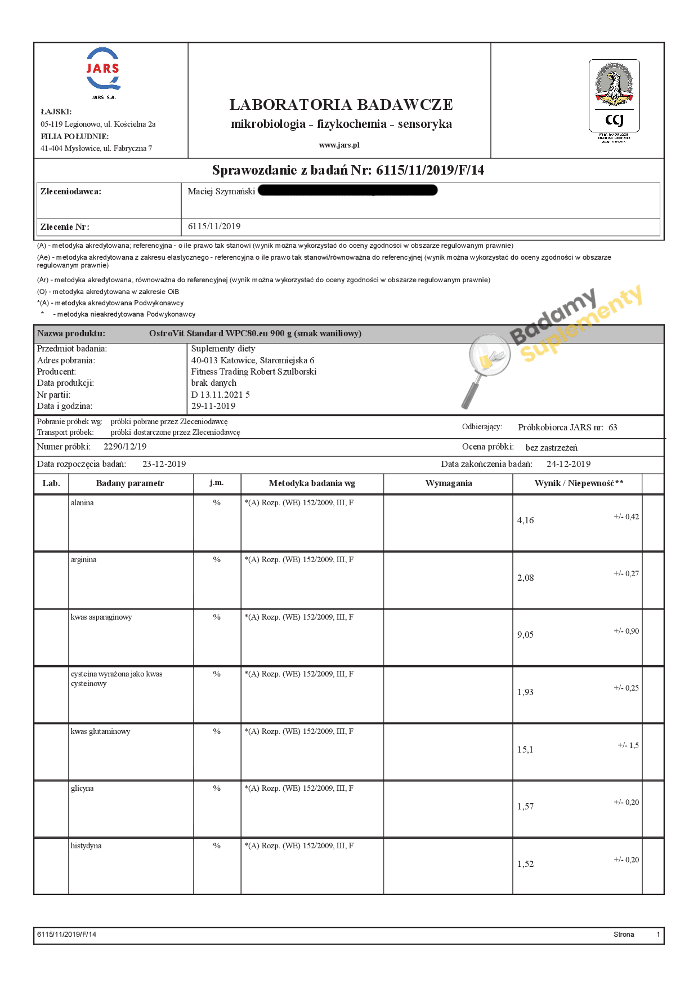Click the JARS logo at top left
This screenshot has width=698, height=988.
(103, 70)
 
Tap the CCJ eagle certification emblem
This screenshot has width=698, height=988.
(614, 95)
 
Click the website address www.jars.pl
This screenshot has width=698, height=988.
(339, 145)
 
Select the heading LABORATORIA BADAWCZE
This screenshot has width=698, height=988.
(341, 105)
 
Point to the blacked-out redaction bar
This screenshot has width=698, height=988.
(347, 190)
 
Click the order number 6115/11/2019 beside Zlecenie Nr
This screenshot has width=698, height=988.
(214, 226)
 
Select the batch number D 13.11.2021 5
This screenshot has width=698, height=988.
(220, 394)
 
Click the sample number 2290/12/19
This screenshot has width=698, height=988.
(125, 447)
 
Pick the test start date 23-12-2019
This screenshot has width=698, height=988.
(164, 464)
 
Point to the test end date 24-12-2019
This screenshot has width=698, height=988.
(568, 464)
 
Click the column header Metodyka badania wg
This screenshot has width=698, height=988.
(312, 483)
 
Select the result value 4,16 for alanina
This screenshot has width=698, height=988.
(525, 520)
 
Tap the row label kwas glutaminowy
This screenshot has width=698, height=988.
(100, 731)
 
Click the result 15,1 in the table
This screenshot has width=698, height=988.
(525, 750)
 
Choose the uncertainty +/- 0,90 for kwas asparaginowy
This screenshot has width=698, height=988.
(626, 631)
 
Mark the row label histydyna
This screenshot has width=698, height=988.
(86, 845)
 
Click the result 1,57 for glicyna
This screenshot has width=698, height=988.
(525, 807)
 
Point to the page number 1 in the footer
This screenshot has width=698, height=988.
(658, 934)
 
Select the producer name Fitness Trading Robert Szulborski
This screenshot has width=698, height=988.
(254, 372)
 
